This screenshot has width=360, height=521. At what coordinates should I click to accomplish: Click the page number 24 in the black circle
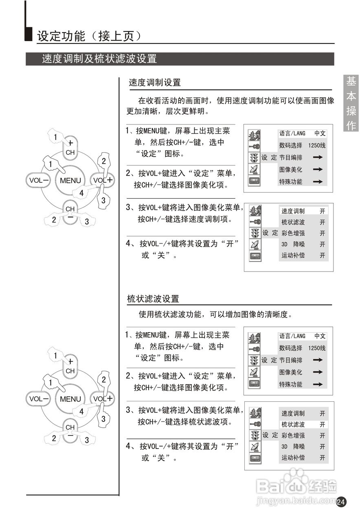pyautogui.click(x=341, y=502)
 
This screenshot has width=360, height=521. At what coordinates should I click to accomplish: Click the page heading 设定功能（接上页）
pyautogui.click(x=89, y=36)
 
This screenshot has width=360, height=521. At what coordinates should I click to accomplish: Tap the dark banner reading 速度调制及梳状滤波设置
pyautogui.click(x=180, y=59)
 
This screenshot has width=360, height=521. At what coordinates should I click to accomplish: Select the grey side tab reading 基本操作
pyautogui.click(x=351, y=103)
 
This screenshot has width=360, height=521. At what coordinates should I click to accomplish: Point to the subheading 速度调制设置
pyautogui.click(x=155, y=83)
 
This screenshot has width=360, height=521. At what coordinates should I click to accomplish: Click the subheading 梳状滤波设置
pyautogui.click(x=153, y=299)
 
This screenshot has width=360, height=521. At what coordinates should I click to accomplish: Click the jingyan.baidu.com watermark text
pyautogui.click(x=297, y=500)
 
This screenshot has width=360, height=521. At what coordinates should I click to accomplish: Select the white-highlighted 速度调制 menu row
pyautogui.click(x=303, y=211)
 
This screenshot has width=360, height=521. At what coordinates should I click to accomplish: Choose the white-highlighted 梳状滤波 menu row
pyautogui.click(x=303, y=424)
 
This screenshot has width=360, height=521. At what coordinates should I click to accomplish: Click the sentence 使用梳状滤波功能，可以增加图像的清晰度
pyautogui.click(x=216, y=315)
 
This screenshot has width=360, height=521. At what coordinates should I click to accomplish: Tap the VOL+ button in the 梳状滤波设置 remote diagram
pyautogui.click(x=103, y=399)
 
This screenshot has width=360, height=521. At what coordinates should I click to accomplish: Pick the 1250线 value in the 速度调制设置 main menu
pyautogui.click(x=317, y=145)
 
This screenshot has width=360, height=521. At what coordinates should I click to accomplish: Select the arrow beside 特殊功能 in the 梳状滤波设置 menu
pyautogui.click(x=318, y=384)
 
